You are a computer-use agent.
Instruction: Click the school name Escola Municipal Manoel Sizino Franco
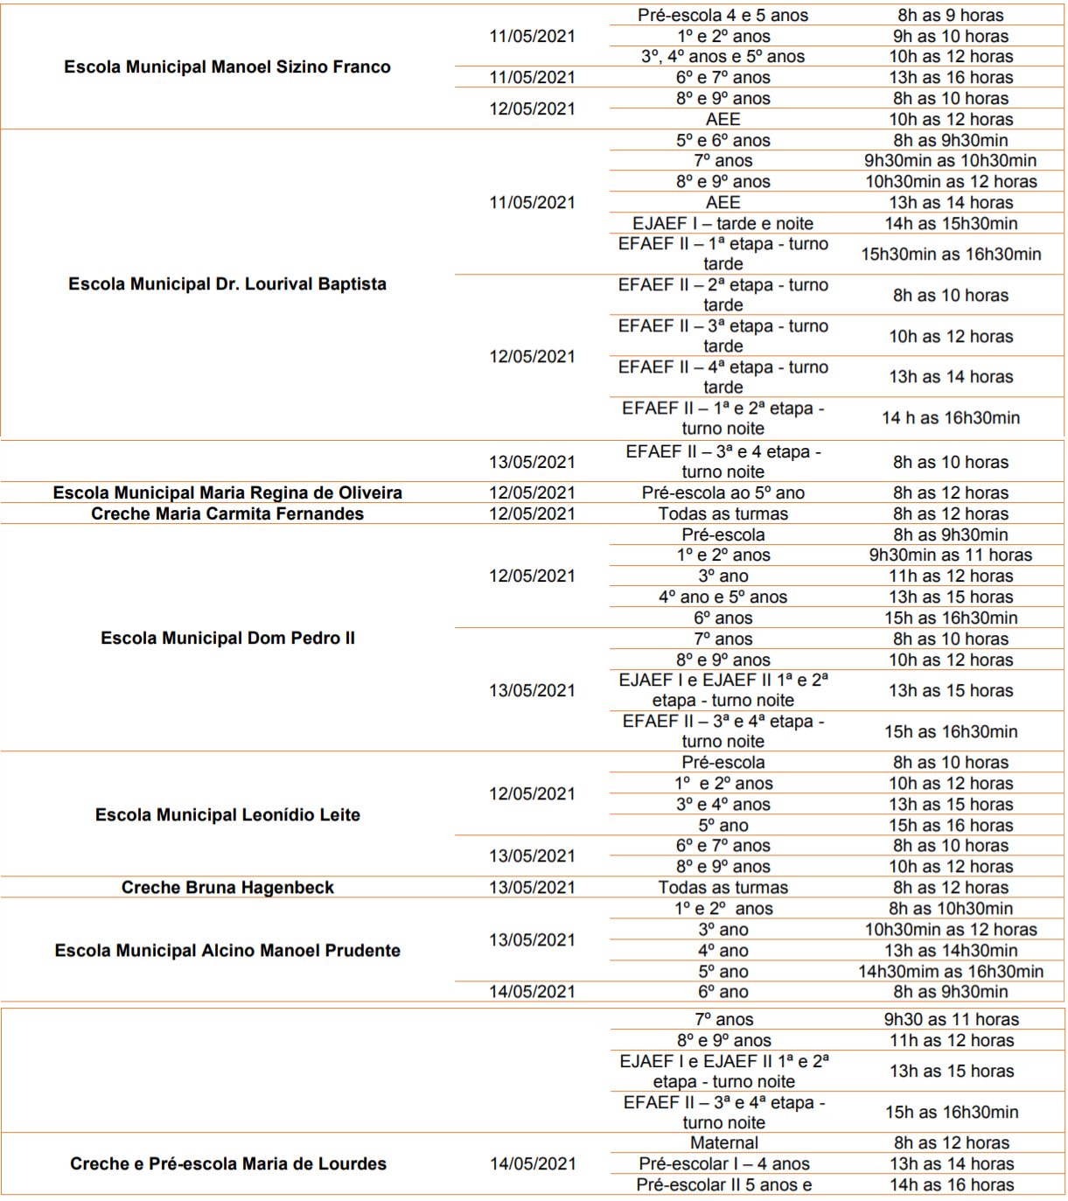coord(227,67)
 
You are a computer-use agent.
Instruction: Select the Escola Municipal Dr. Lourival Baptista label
coord(227,284)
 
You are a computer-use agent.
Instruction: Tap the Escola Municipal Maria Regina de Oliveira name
coord(227,492)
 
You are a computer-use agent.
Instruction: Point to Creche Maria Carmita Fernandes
coord(227,513)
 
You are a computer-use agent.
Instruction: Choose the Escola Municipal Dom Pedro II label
coord(227,638)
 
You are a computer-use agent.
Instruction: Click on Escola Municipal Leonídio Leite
coord(227,814)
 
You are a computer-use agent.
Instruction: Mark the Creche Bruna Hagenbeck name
coord(227,887)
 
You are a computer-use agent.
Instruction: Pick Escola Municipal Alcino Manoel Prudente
coord(227,950)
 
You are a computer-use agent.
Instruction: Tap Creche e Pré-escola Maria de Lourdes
coord(228,1163)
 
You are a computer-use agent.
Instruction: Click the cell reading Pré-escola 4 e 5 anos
coord(722,15)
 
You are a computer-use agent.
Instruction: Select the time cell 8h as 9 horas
coord(951,15)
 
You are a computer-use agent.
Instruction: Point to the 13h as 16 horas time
coord(951,77)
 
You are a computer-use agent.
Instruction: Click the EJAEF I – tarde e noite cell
coord(722,223)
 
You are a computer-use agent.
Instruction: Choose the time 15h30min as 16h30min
coord(951,254)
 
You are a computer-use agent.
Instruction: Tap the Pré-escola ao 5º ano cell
coord(722,492)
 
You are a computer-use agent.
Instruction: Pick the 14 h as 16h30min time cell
coord(951,417)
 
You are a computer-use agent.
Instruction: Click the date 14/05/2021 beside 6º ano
coord(532,991)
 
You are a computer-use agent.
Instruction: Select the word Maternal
coord(724,1142)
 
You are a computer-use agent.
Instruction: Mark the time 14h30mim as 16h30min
coord(951,971)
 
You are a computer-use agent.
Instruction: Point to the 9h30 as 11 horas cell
coord(952,1019)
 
